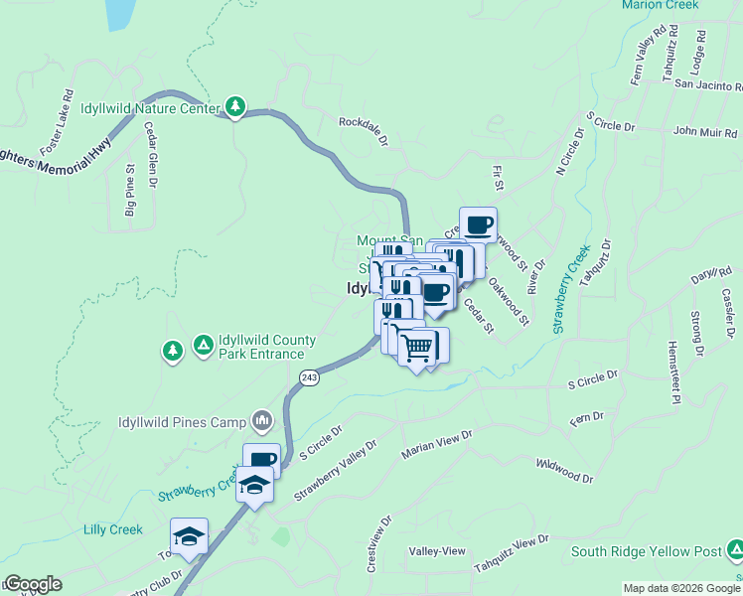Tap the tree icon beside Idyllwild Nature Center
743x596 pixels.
[234, 106]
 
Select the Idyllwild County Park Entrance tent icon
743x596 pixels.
[203, 345]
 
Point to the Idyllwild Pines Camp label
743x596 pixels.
[182, 422]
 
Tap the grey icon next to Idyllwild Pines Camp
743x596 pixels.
[262, 421]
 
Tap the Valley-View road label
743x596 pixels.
[437, 551]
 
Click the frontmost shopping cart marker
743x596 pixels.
[417, 347]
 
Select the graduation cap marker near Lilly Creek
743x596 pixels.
[188, 536]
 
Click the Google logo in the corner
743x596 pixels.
[32, 584]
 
